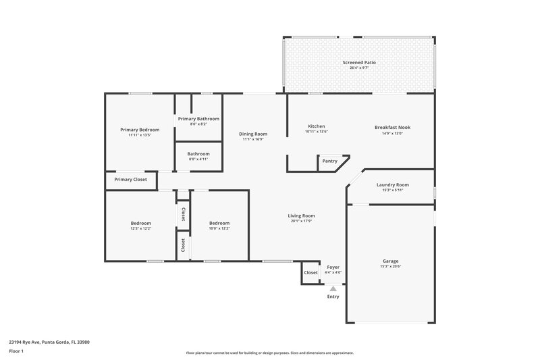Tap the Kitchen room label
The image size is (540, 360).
[x=317, y=126]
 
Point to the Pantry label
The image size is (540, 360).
[x=329, y=161]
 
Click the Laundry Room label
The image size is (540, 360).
[x=392, y=184]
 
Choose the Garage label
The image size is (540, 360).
[x=390, y=261]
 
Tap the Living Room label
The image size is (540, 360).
[x=302, y=215]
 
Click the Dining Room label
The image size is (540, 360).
[x=253, y=134]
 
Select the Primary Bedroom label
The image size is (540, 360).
[x=140, y=130]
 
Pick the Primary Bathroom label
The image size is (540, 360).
[x=198, y=119]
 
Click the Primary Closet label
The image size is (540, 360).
[x=130, y=179]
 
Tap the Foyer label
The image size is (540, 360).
[x=333, y=267]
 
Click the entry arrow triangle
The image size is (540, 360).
[x=333, y=288]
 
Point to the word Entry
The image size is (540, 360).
[x=333, y=297]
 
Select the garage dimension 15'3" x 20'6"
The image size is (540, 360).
[x=390, y=267]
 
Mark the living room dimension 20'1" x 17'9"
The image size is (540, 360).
[x=302, y=222]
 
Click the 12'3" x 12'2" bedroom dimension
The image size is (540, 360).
[x=141, y=228]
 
